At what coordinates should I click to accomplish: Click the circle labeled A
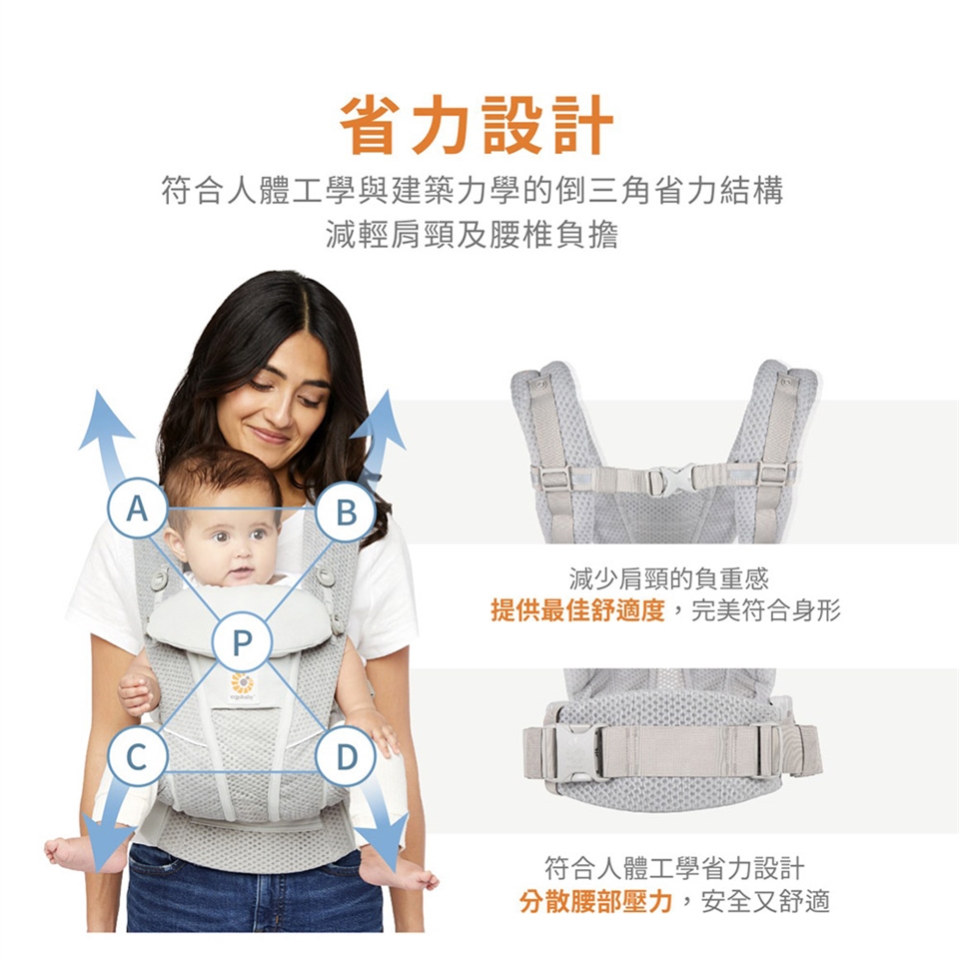pyautogui.click(x=137, y=508)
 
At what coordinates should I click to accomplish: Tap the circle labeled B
pyautogui.click(x=346, y=511)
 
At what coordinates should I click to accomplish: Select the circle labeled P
pyautogui.click(x=242, y=641)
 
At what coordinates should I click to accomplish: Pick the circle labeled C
pyautogui.click(x=137, y=755)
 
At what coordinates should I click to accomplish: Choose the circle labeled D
pyautogui.click(x=346, y=755)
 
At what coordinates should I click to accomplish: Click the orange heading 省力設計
pyautogui.click(x=478, y=125)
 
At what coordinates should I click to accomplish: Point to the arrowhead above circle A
pyautogui.click(x=104, y=421)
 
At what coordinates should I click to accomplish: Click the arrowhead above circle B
pyautogui.click(x=382, y=420)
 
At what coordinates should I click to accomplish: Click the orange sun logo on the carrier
pyautogui.click(x=242, y=683)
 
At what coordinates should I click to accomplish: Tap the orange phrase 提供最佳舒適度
pyautogui.click(x=577, y=610)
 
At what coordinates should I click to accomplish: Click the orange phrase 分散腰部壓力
pyautogui.click(x=595, y=902)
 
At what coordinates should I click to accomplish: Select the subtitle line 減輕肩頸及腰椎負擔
pyautogui.click(x=472, y=235)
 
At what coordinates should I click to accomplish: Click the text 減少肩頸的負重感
pyautogui.click(x=669, y=578)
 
